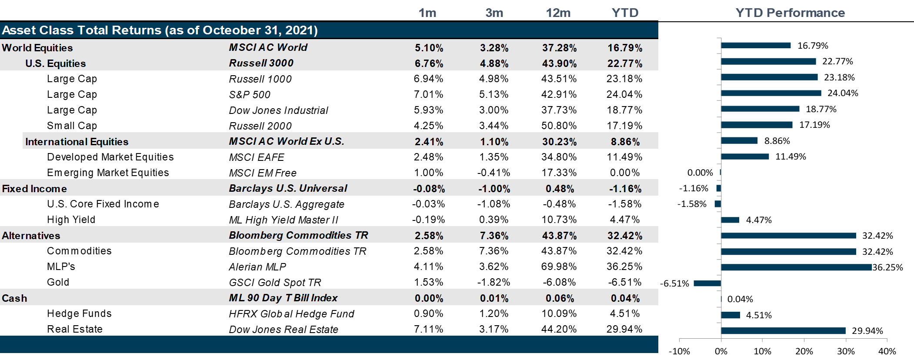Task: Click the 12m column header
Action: click(x=558, y=13)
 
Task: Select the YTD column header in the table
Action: click(x=625, y=13)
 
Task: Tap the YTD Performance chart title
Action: click(x=790, y=13)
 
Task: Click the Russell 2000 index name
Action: click(x=260, y=126)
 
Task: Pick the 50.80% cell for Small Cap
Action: click(x=559, y=126)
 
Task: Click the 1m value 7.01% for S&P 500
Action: click(x=428, y=94)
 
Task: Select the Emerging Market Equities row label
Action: click(x=108, y=173)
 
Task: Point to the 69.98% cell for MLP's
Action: click(x=559, y=267)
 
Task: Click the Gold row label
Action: click(x=58, y=282)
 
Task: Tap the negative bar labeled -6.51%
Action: click(x=707, y=283)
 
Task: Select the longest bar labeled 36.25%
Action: click(x=796, y=267)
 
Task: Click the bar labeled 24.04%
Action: click(x=771, y=93)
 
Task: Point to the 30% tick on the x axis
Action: click(x=845, y=351)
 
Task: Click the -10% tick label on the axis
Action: click(x=679, y=351)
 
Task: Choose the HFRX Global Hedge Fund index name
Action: click(x=291, y=314)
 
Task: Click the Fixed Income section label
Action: click(x=34, y=189)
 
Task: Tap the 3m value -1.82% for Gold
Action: click(x=494, y=282)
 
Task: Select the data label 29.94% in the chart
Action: click(x=867, y=331)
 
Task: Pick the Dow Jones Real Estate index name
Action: click(x=284, y=330)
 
